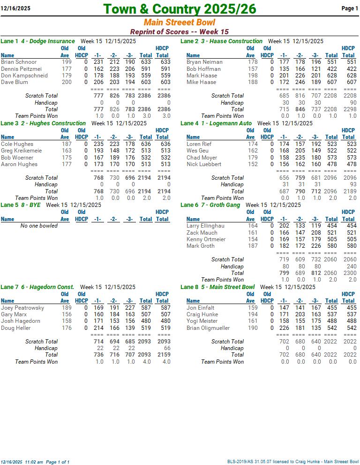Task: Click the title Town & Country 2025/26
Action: point(180,9)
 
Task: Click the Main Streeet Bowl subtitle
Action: point(180,23)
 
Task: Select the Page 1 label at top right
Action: point(349,8)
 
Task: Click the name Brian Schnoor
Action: point(19,62)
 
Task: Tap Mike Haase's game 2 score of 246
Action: point(300,82)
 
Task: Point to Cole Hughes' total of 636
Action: point(145,144)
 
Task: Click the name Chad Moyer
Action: point(202,158)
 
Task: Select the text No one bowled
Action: point(39,226)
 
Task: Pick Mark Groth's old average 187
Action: point(253,246)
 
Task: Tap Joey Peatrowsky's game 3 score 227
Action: point(129,308)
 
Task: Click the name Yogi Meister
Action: point(202,321)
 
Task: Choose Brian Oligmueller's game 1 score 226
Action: point(284,328)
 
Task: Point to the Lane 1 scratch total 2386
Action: point(145,96)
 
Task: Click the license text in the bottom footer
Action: point(293,462)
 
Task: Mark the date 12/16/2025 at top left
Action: point(15,8)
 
